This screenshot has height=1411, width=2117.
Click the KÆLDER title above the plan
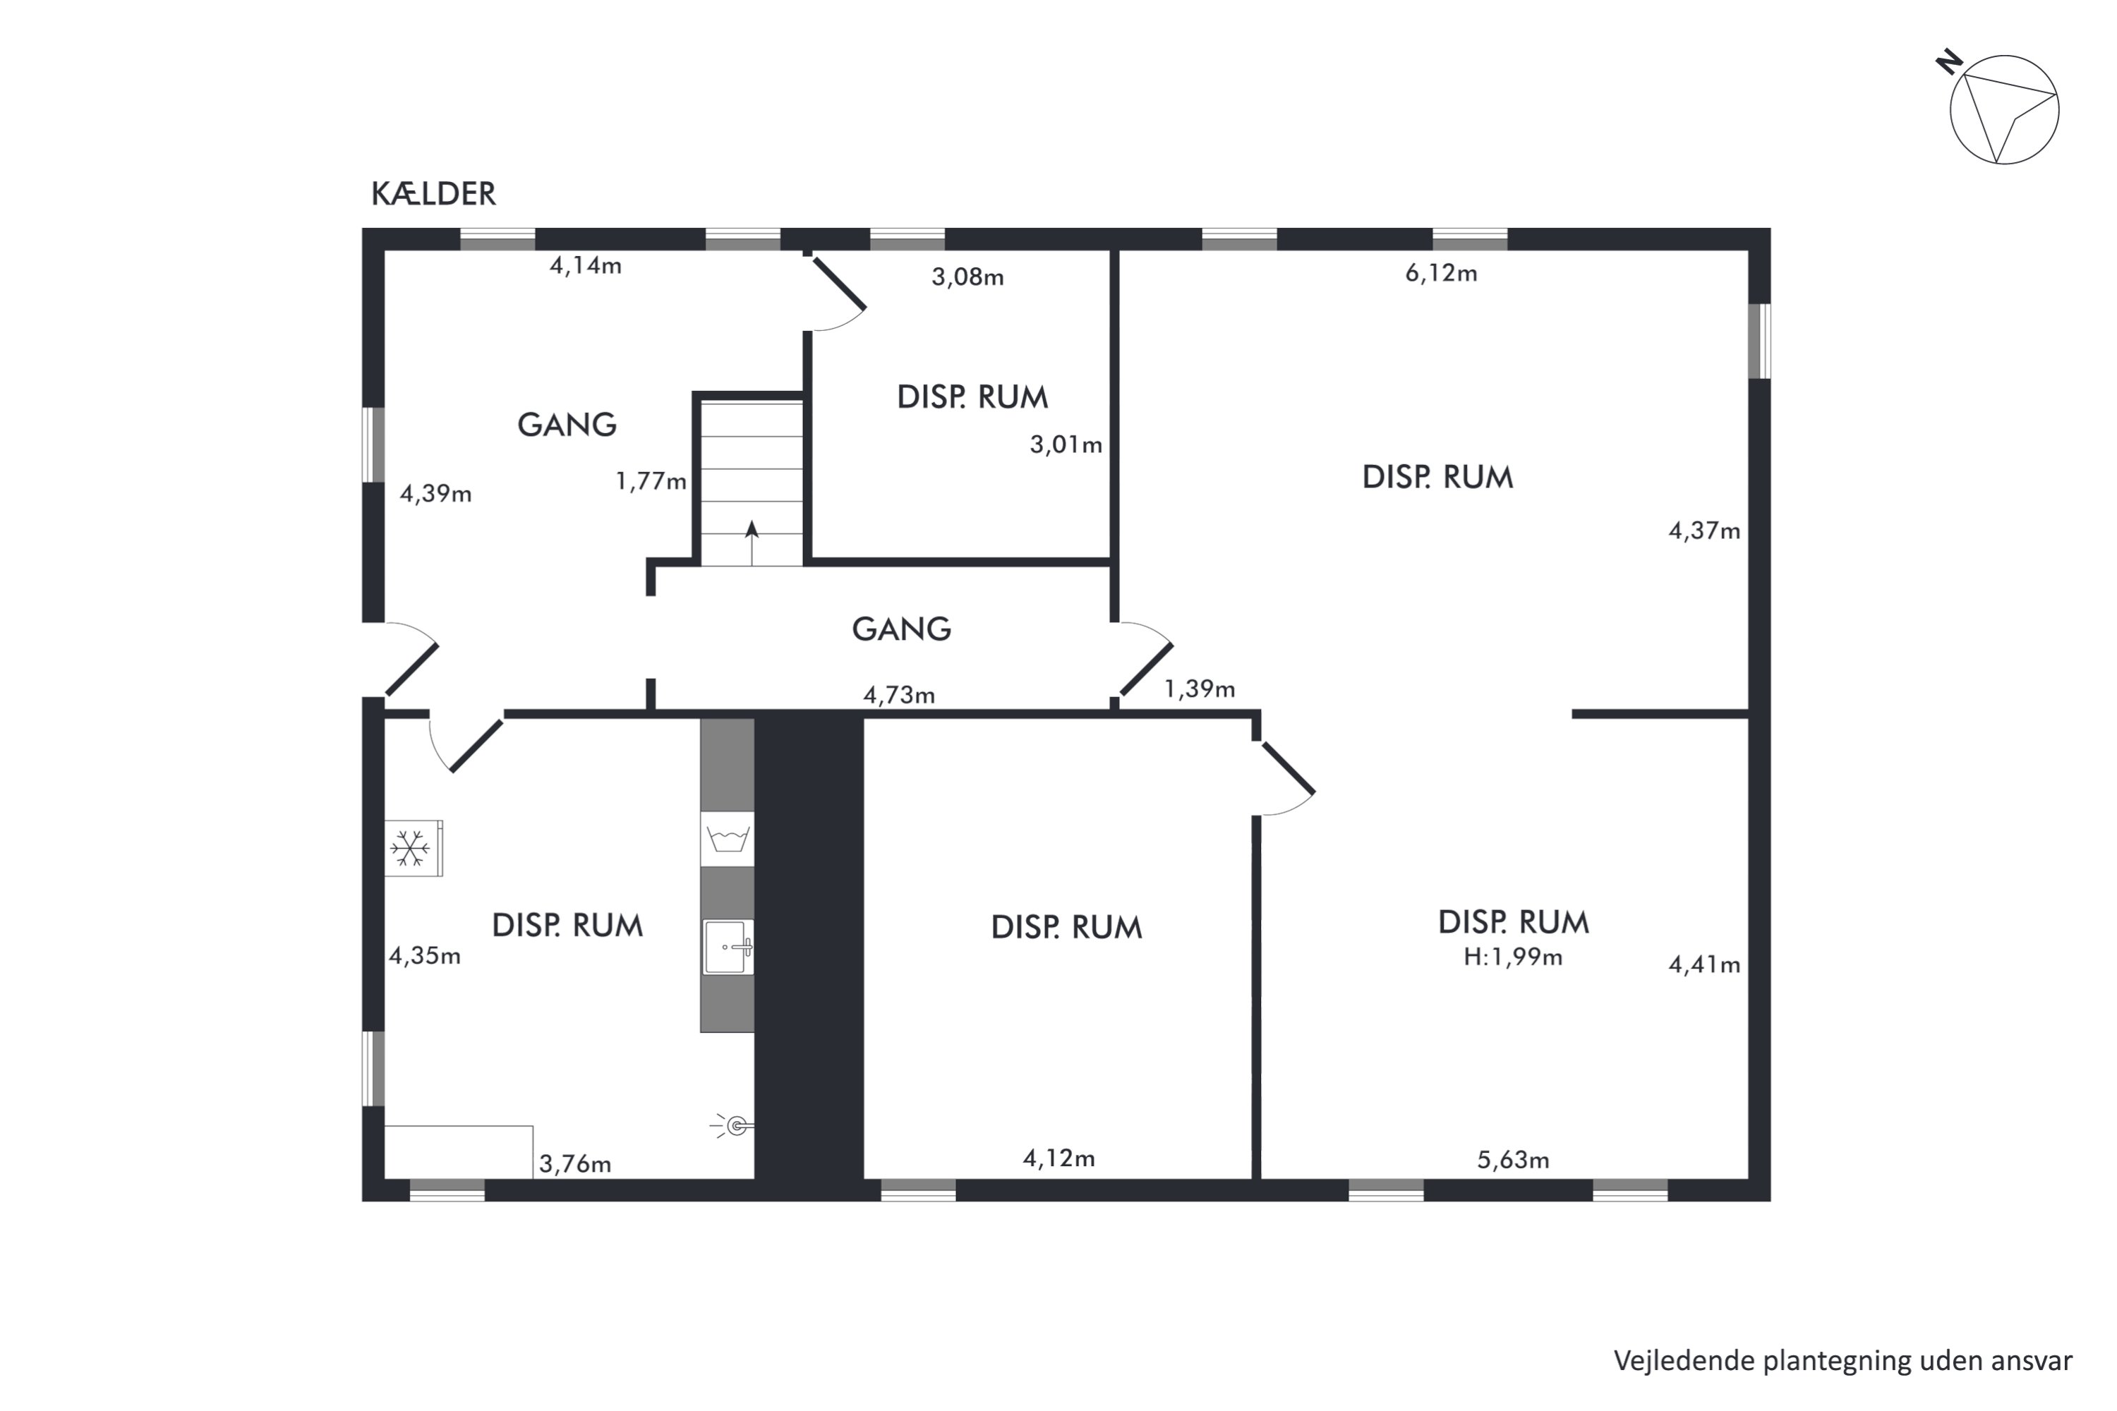click(x=433, y=193)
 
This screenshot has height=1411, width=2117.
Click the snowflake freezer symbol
click(x=411, y=848)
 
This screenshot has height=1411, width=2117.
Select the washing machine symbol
click(x=728, y=839)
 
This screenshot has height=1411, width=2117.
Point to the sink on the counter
click(x=728, y=947)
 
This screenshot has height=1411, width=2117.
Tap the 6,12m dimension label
click(x=1441, y=272)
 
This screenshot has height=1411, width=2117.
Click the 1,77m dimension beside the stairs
click(x=651, y=481)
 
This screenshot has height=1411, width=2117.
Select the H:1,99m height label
click(x=1512, y=957)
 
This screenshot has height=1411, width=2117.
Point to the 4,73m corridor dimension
click(x=898, y=695)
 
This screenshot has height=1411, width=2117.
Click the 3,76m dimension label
click(x=575, y=1165)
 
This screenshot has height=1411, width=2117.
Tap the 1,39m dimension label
click(x=1199, y=689)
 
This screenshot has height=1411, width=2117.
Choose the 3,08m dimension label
click(x=967, y=277)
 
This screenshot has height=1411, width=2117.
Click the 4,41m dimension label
click(x=1704, y=964)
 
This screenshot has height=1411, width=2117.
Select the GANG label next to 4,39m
click(x=567, y=424)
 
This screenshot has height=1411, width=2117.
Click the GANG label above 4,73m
click(x=902, y=628)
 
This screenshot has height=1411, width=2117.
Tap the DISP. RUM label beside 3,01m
click(x=973, y=396)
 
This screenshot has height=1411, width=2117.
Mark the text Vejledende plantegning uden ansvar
click(x=1842, y=1362)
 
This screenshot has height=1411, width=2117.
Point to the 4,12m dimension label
click(x=1058, y=1158)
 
